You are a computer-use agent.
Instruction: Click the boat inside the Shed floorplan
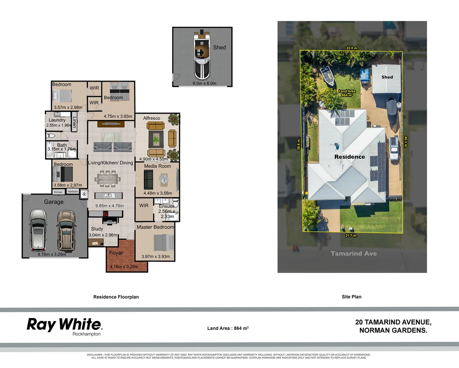pyautogui.click(x=202, y=56)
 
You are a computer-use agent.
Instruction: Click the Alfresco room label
pyautogui.click(x=152, y=118)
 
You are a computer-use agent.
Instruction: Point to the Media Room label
pyautogui.click(x=157, y=166)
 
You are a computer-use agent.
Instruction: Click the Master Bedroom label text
pyautogui.click(x=155, y=227)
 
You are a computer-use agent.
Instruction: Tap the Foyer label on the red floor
pyautogui.click(x=116, y=253)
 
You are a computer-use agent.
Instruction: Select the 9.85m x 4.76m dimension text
pyautogui.click(x=109, y=206)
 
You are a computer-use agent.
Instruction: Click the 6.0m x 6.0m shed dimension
pyautogui.click(x=204, y=83)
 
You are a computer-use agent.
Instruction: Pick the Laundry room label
pyautogui.click(x=57, y=120)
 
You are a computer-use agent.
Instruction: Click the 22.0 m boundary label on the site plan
pyautogui.click(x=352, y=48)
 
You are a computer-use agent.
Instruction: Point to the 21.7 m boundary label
pyautogui.click(x=351, y=235)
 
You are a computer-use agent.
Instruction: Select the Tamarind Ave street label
pyautogui.click(x=353, y=254)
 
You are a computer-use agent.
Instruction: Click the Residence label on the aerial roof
pyautogui.click(x=349, y=157)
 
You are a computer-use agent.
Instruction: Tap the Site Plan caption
pyautogui.click(x=351, y=297)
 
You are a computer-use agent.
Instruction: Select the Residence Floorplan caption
pyautogui.click(x=116, y=297)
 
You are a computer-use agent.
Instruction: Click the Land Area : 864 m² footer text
pyautogui.click(x=228, y=328)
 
